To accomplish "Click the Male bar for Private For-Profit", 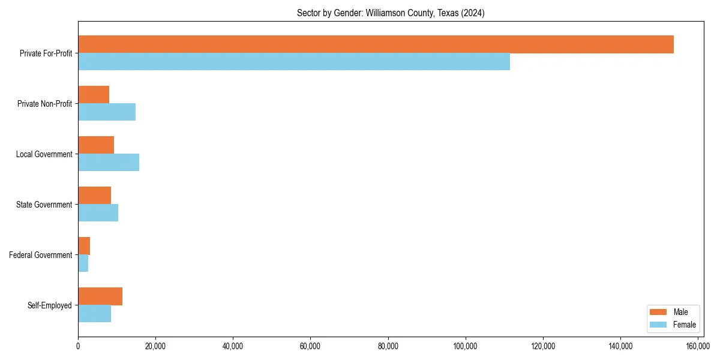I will [x=376, y=44].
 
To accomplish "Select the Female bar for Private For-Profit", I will [x=294, y=62].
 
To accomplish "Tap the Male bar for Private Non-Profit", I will [x=94, y=95].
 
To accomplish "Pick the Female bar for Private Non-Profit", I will [x=107, y=112].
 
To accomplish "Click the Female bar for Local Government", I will [x=109, y=163].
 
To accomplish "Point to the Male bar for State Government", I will [x=95, y=196].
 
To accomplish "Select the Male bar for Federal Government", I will [x=84, y=246].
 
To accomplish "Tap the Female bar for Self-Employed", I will [x=95, y=314].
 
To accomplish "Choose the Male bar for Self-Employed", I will [x=100, y=296].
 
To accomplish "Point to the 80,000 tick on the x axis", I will [x=388, y=346].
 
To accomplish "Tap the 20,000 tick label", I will [x=155, y=346].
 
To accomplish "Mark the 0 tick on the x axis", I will [x=78, y=346].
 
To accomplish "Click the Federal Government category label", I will [x=41, y=255].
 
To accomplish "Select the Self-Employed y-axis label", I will [x=50, y=305].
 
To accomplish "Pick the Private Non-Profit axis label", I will [x=44, y=104].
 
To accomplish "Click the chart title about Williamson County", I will [x=391, y=13].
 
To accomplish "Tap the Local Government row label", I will [x=44, y=154].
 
